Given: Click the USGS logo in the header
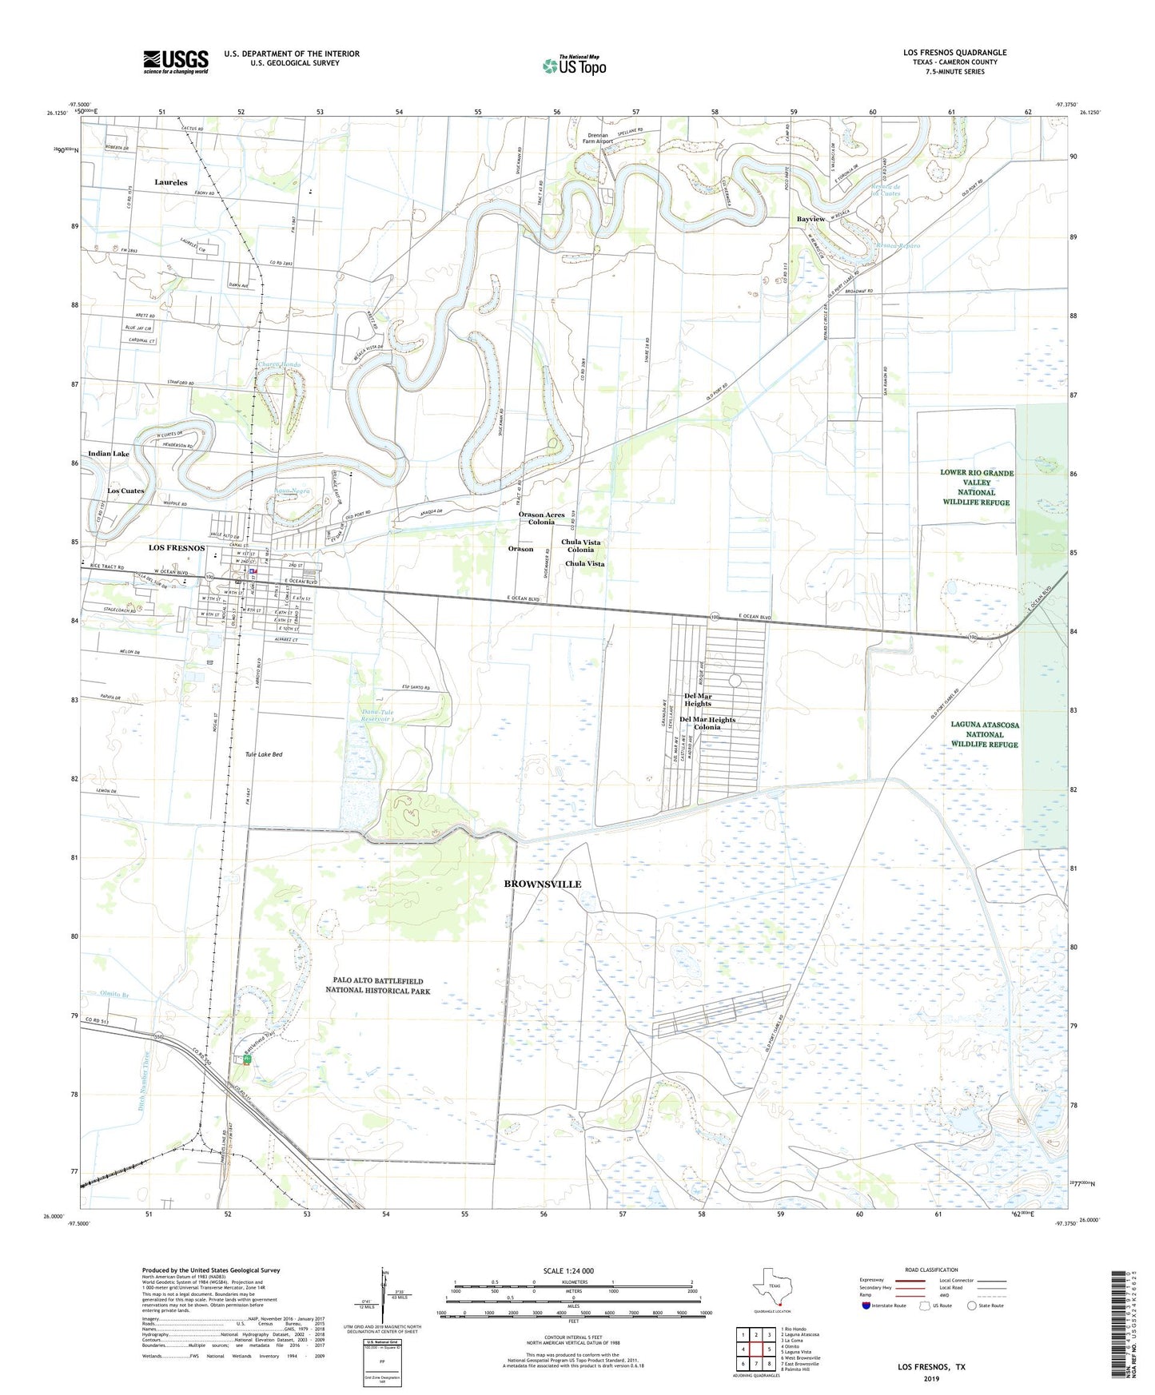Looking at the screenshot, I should tap(176, 61).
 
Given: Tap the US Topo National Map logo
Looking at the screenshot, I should tap(574, 66).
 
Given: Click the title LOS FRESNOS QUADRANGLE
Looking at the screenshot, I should tap(954, 53).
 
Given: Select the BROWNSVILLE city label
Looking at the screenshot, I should tap(542, 884).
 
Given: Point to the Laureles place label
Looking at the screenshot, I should tap(170, 182).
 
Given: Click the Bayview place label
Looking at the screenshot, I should tap(810, 219).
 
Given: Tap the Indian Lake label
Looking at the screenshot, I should tap(109, 454).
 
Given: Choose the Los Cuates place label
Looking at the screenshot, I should tap(126, 491).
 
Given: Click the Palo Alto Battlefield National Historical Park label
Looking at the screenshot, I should tap(377, 985).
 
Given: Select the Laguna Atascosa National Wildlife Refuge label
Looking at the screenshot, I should tap(984, 734).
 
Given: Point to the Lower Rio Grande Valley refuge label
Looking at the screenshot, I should tap(976, 487).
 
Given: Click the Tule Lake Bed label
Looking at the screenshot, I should tap(263, 754).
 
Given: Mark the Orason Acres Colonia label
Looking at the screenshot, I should tap(541, 518).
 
